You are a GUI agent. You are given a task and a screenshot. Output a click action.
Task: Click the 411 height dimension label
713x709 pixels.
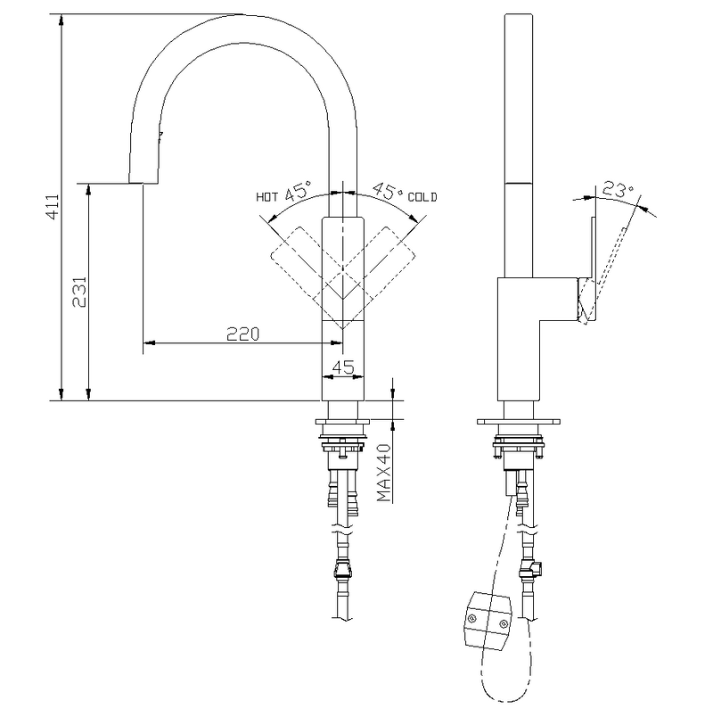click(53, 207)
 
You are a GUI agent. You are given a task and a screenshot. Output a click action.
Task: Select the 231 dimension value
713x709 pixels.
click(80, 293)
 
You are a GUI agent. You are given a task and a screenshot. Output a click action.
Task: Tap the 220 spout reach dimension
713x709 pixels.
click(242, 334)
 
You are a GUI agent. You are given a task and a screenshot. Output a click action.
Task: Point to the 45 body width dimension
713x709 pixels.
click(343, 367)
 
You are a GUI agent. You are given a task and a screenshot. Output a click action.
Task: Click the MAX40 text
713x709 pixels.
click(384, 473)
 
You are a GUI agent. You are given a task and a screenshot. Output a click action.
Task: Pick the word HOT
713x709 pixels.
click(266, 197)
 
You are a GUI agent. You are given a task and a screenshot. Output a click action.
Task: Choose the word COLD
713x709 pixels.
click(422, 197)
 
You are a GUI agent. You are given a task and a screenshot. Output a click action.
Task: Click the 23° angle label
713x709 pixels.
click(618, 189)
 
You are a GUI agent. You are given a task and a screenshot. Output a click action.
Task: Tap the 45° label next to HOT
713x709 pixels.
click(299, 191)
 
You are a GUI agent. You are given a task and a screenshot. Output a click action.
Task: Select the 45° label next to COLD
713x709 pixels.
click(388, 191)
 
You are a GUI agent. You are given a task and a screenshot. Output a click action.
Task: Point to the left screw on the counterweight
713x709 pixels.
click(472, 618)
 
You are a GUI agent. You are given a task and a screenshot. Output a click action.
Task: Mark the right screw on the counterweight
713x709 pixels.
click(503, 623)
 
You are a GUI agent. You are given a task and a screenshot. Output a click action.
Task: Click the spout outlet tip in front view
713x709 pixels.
click(143, 182)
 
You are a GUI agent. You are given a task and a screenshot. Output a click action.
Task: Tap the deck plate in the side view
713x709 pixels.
click(519, 422)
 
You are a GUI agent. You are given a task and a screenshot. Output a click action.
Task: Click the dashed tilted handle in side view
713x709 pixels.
click(605, 273)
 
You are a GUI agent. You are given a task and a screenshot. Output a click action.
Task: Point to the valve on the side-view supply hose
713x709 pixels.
click(531, 569)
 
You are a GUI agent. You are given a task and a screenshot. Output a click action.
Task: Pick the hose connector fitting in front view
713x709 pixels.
click(343, 569)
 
